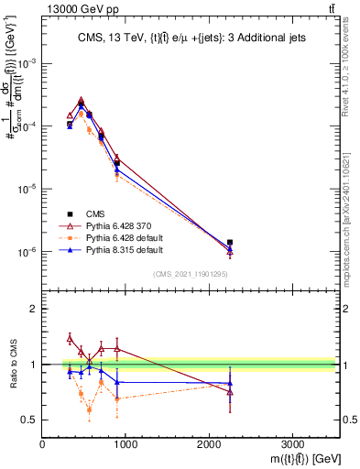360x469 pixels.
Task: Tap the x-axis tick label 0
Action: pyautogui.click(x=43, y=444)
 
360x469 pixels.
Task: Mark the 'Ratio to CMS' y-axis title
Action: pyautogui.click(x=12, y=364)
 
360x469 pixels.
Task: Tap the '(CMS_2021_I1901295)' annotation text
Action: pyautogui.click(x=190, y=274)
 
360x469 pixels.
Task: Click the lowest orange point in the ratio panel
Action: pyautogui.click(x=89, y=409)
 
